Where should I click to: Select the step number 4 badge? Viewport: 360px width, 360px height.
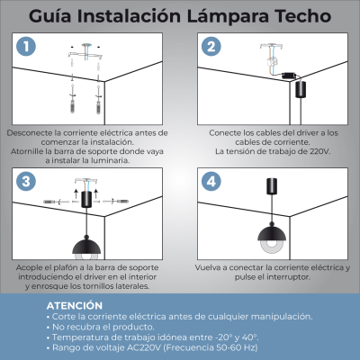[211, 181]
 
